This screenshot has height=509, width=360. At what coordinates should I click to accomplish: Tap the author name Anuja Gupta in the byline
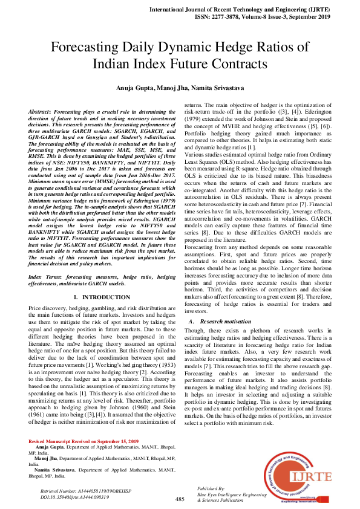pos(136,88)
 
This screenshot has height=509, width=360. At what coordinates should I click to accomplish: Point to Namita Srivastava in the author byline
pos(220,88)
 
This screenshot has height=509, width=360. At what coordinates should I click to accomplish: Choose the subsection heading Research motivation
pos(224,322)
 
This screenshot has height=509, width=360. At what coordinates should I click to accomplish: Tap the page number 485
pos(180,499)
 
